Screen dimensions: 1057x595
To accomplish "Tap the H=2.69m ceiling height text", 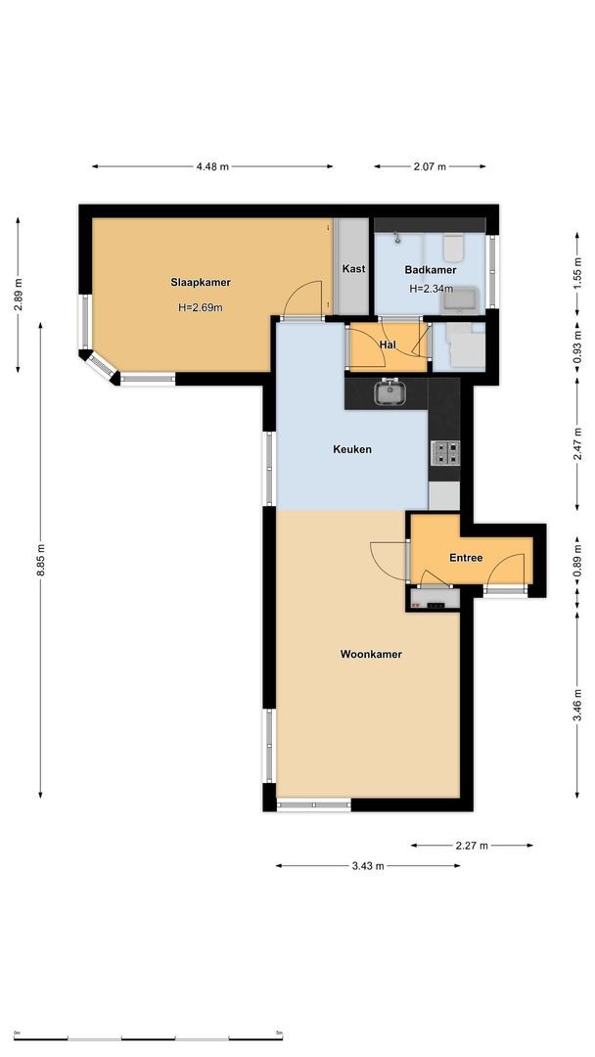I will click(x=201, y=307).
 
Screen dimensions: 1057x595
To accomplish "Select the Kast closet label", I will click(x=353, y=268).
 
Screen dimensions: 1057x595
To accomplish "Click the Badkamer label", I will click(x=431, y=269).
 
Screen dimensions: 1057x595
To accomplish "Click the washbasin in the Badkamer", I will click(x=460, y=298).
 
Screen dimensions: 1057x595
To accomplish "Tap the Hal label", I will click(x=387, y=345).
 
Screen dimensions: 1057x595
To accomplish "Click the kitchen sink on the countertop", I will click(x=390, y=392).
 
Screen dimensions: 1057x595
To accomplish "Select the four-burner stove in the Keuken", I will click(x=444, y=452).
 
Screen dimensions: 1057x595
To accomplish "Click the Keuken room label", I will click(x=352, y=449).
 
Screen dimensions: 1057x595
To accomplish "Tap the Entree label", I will click(x=466, y=558).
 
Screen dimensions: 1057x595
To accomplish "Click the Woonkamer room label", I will click(x=371, y=654).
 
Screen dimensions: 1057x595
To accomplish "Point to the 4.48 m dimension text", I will click(x=212, y=166).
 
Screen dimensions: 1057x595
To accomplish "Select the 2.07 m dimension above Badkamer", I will click(x=429, y=166).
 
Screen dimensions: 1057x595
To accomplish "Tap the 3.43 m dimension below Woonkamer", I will click(x=367, y=865).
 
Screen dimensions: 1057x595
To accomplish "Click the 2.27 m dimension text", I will click(x=472, y=845).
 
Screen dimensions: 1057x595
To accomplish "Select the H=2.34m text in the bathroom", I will click(x=432, y=289).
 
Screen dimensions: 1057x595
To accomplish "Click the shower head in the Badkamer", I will click(x=396, y=238).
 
